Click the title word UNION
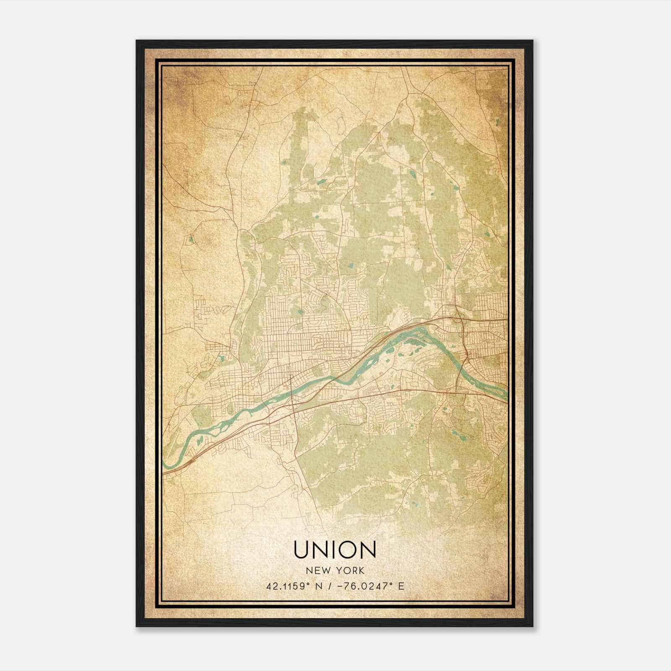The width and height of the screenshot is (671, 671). (335, 550)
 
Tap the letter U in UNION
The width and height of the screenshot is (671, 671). (302, 550)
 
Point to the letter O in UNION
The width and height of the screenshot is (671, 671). (351, 550)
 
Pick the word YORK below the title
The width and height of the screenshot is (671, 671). (349, 571)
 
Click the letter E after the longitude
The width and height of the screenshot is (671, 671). (401, 586)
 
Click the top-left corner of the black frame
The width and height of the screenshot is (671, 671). (137, 41)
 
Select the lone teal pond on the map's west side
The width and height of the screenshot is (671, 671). (191, 239)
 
